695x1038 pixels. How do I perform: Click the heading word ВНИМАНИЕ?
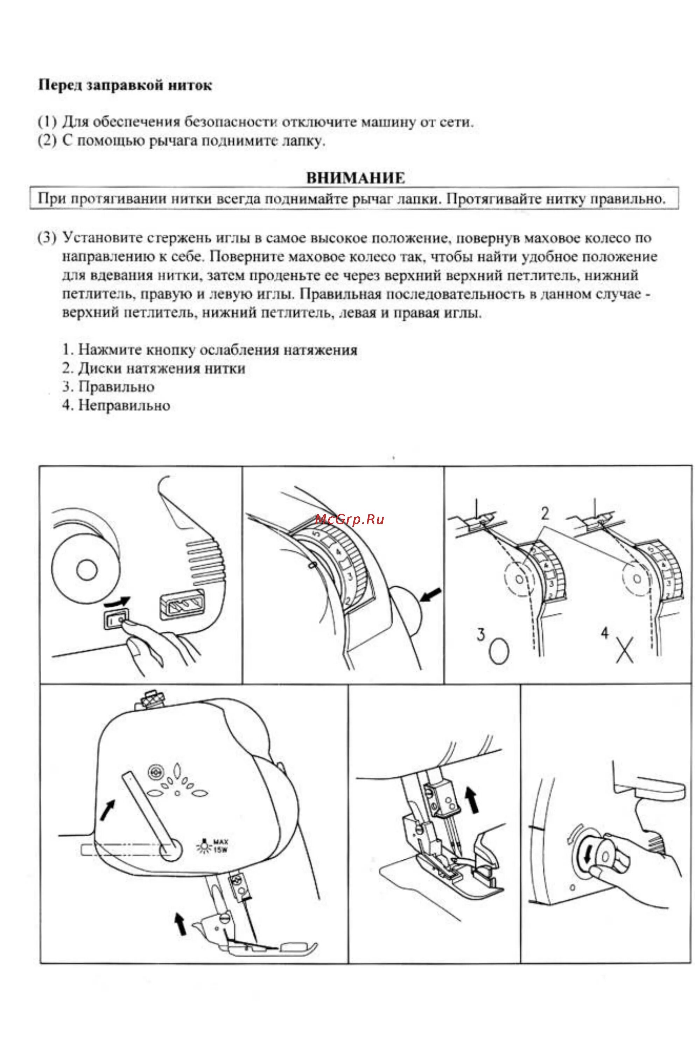pyautogui.click(x=356, y=178)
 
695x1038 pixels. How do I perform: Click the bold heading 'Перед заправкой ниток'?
pyautogui.click(x=125, y=85)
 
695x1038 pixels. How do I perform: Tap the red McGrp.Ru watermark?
pyautogui.click(x=350, y=520)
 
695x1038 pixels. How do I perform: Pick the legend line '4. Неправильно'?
pyautogui.click(x=116, y=405)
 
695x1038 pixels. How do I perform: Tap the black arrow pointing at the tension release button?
pyautogui.click(x=430, y=595)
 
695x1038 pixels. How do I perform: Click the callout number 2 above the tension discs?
pyautogui.click(x=545, y=513)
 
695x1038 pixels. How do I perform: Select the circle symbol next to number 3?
pyautogui.click(x=499, y=650)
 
